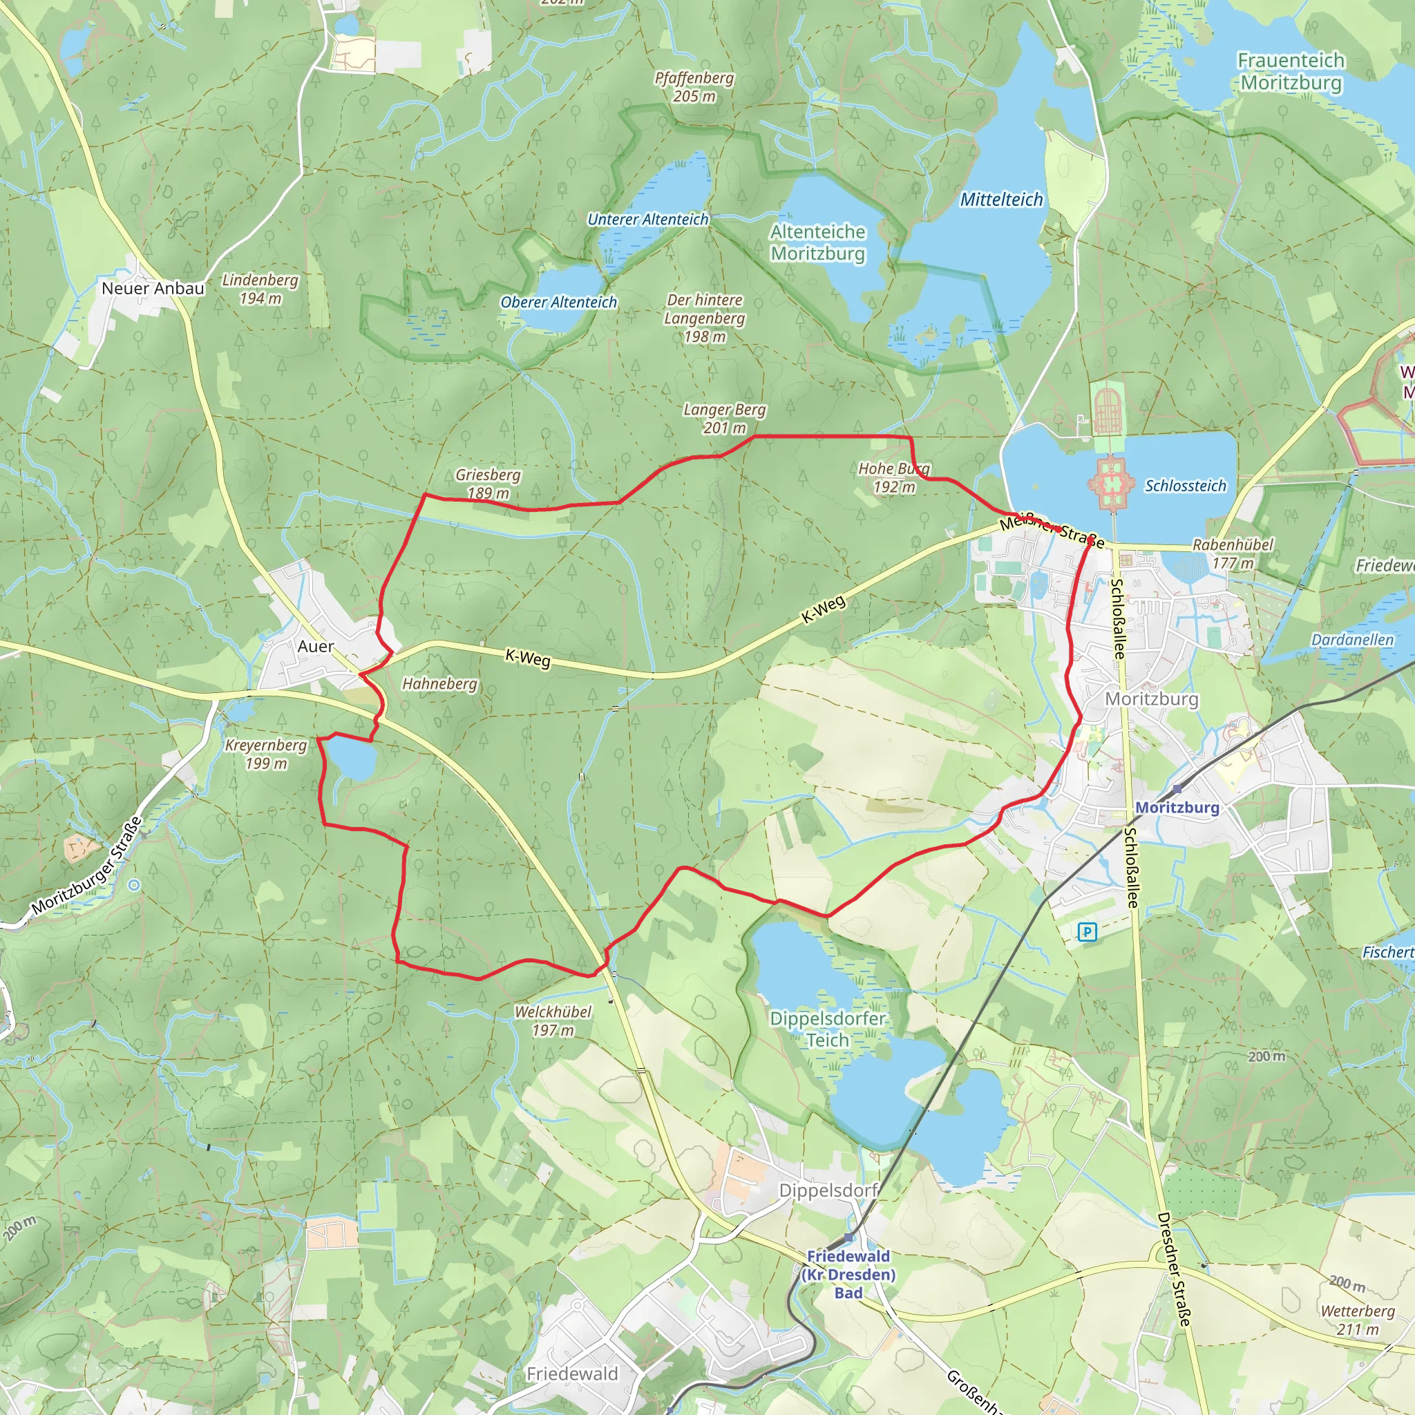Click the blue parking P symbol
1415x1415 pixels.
tap(1087, 932)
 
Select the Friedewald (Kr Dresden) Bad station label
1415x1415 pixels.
tap(848, 1275)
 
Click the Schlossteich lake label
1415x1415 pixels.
tap(1185, 486)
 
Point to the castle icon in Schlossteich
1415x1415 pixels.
tap(1110, 484)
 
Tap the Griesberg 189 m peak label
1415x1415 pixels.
tap(488, 484)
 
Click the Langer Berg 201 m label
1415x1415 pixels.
tap(724, 418)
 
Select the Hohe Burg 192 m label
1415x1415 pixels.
tap(893, 477)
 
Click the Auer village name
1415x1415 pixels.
tap(316, 646)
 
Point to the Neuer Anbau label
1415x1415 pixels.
tap(153, 288)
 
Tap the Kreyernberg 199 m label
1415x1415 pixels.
tap(266, 754)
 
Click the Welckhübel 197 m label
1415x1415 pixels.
tap(553, 1021)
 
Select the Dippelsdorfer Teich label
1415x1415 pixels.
tap(828, 1029)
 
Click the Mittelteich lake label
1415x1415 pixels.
tap(1001, 199)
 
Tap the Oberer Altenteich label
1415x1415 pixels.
tap(558, 302)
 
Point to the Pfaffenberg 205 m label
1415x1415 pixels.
tap(694, 86)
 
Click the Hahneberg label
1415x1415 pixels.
tap(439, 683)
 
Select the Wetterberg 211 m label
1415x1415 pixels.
tap(1357, 1320)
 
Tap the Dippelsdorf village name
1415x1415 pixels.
tap(828, 1190)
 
